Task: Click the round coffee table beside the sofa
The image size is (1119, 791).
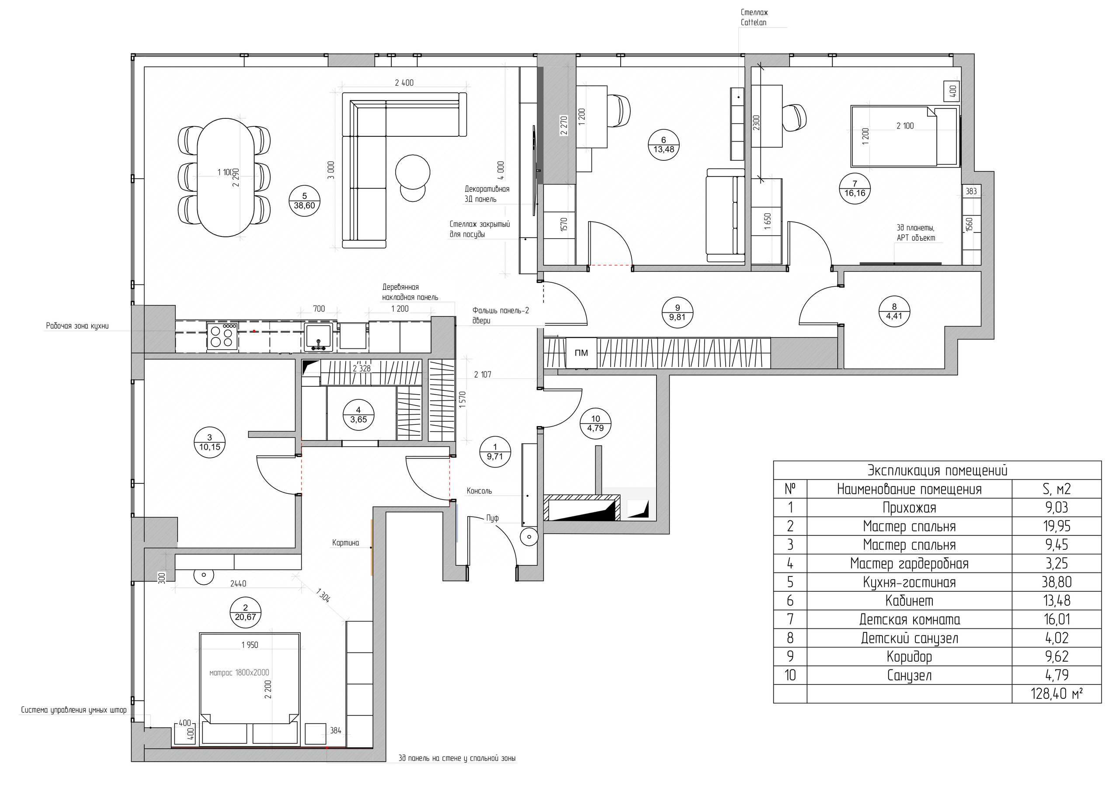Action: click(413, 172)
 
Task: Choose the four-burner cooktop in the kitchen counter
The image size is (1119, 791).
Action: click(222, 336)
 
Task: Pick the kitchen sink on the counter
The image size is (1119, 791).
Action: click(319, 337)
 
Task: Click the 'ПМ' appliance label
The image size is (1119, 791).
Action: click(581, 353)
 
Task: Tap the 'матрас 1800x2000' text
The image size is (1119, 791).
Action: click(239, 673)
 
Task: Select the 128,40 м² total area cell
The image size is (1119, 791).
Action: click(1056, 694)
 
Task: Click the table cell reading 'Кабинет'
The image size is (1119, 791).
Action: click(910, 601)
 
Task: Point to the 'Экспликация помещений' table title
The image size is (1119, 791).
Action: click(937, 470)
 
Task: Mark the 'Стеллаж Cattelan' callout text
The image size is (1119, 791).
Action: click(754, 17)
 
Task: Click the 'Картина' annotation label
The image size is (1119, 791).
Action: click(346, 543)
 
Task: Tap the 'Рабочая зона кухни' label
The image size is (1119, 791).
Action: click(77, 326)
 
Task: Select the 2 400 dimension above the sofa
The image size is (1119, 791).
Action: click(404, 83)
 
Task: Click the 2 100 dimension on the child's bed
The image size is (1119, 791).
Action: click(905, 126)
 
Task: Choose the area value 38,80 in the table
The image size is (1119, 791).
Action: click(1056, 583)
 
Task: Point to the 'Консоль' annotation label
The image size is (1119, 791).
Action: click(479, 491)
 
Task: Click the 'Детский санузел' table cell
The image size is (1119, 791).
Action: click(910, 638)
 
